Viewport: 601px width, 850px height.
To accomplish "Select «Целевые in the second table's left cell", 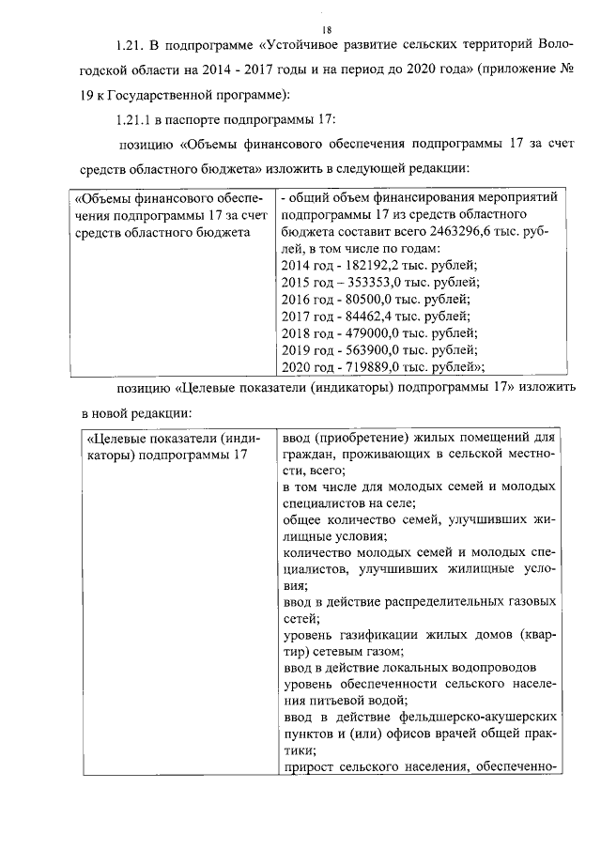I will point(116,439).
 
